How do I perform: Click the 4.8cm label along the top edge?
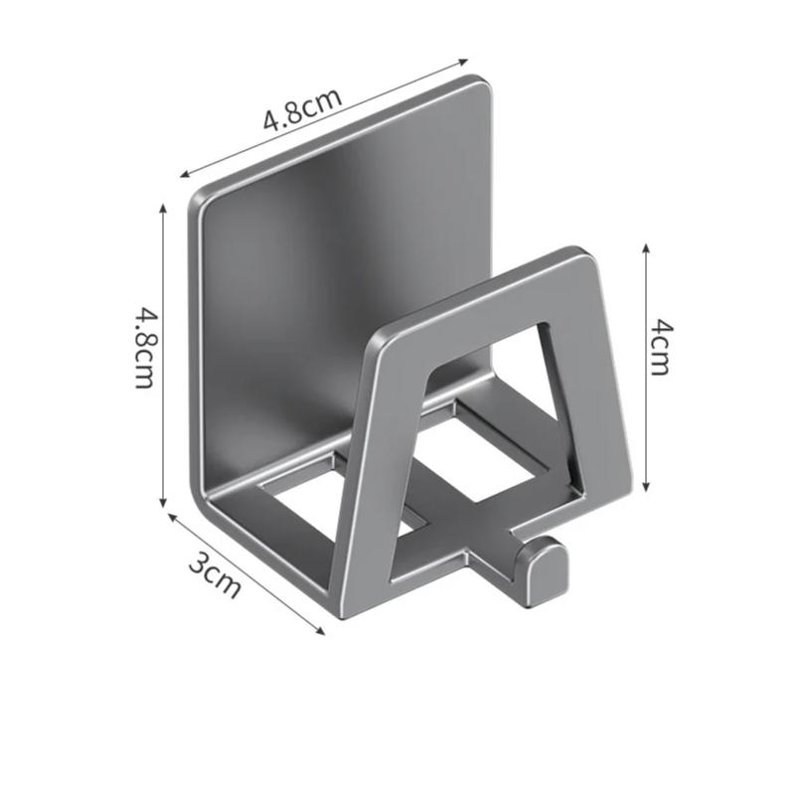pyautogui.click(x=302, y=109)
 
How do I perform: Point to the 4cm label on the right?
pyautogui.click(x=660, y=346)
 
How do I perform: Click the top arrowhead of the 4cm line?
pyautogui.click(x=646, y=244)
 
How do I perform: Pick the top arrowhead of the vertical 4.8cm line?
pyautogui.click(x=162, y=205)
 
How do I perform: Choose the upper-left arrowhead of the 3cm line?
pyautogui.click(x=169, y=516)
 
